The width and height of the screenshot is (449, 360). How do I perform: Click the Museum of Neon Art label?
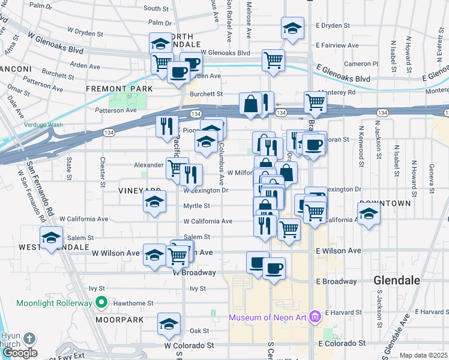click(268, 317)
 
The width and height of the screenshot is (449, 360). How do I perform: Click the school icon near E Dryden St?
click(292, 28)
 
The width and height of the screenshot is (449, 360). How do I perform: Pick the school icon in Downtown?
click(369, 212)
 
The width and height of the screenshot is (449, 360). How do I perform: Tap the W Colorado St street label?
click(189, 346)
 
